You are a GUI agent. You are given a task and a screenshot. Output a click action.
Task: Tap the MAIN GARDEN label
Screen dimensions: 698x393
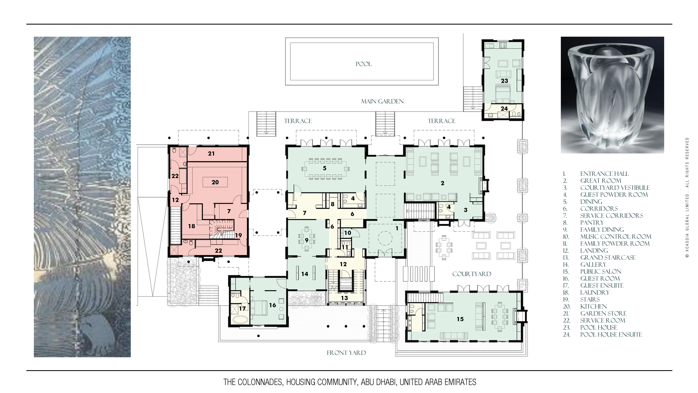click(382, 101)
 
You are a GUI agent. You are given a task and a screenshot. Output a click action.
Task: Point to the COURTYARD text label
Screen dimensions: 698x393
click(472, 274)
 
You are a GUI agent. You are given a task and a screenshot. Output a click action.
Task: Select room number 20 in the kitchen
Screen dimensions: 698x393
click(215, 182)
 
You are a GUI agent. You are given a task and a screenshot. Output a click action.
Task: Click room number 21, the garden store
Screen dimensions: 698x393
click(211, 153)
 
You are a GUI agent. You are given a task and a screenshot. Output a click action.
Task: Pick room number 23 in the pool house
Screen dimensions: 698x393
click(504, 81)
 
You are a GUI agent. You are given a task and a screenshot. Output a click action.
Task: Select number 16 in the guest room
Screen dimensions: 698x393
click(272, 305)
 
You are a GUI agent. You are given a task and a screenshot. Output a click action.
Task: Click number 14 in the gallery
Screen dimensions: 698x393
click(305, 274)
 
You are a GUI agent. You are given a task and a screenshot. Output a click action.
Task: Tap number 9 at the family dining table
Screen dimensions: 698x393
click(306, 240)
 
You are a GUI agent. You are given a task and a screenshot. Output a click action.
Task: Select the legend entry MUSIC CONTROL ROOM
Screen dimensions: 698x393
click(616, 236)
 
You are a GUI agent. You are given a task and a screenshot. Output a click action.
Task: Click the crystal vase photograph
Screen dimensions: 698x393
click(612, 95)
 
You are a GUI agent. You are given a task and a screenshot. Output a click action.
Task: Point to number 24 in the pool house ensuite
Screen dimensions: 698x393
click(504, 109)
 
